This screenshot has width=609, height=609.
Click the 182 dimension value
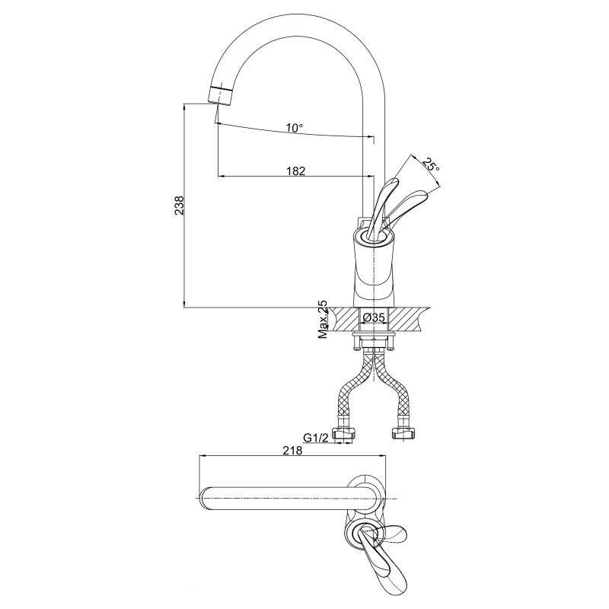pos(295,171)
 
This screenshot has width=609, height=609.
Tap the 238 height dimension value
pos(179,206)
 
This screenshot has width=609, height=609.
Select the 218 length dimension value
pos(292,450)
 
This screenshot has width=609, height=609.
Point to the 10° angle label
pos(295,127)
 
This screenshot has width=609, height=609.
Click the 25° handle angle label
pos(431,165)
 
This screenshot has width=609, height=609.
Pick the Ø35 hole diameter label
pos(373,317)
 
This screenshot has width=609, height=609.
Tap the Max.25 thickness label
pos(323,320)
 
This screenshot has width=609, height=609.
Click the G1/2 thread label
pos(316,438)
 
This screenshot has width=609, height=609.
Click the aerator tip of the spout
pos(220,96)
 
